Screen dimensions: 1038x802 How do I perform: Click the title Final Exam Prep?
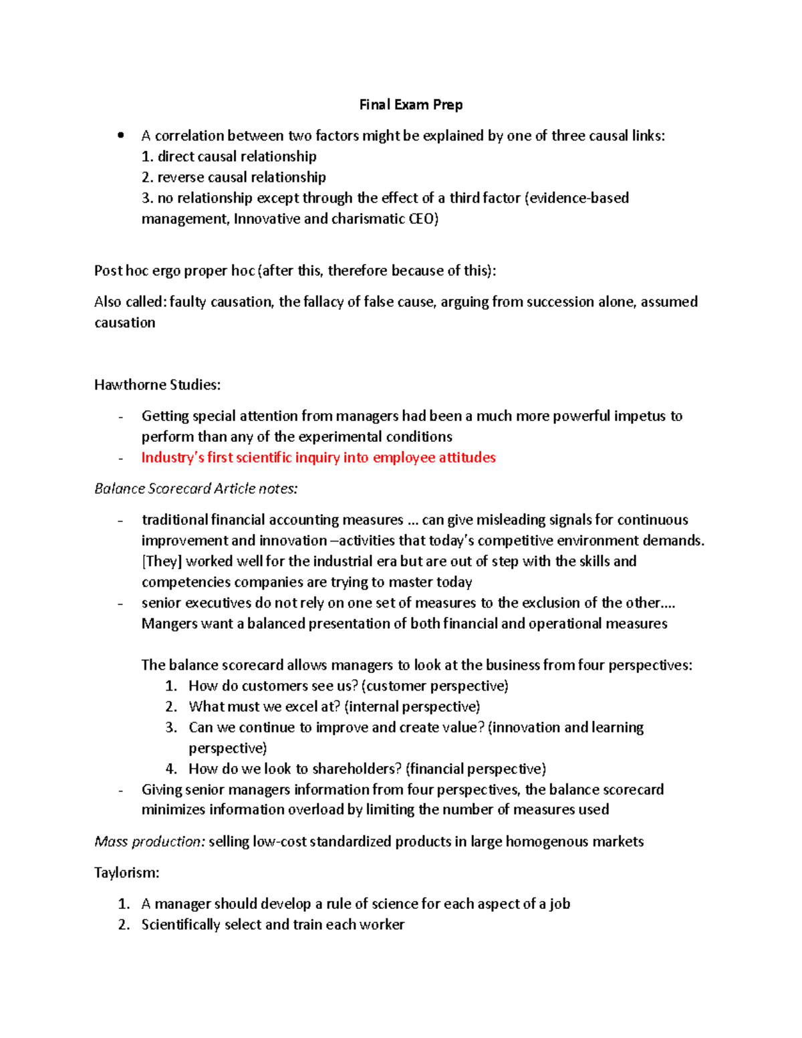click(410, 105)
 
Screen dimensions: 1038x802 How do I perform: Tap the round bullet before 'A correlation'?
click(121, 136)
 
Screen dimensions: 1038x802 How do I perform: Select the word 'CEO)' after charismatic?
click(423, 219)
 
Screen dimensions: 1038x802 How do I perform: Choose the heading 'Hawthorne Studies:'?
click(157, 385)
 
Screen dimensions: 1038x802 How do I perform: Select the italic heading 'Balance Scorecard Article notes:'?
click(196, 489)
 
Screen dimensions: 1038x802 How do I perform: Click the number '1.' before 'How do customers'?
click(171, 686)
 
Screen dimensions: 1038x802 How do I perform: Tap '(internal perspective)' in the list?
click(412, 706)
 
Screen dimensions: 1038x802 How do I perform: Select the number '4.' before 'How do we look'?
click(171, 769)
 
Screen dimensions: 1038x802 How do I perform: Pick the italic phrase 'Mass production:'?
click(150, 841)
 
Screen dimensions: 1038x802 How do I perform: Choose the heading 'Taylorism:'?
click(127, 873)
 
